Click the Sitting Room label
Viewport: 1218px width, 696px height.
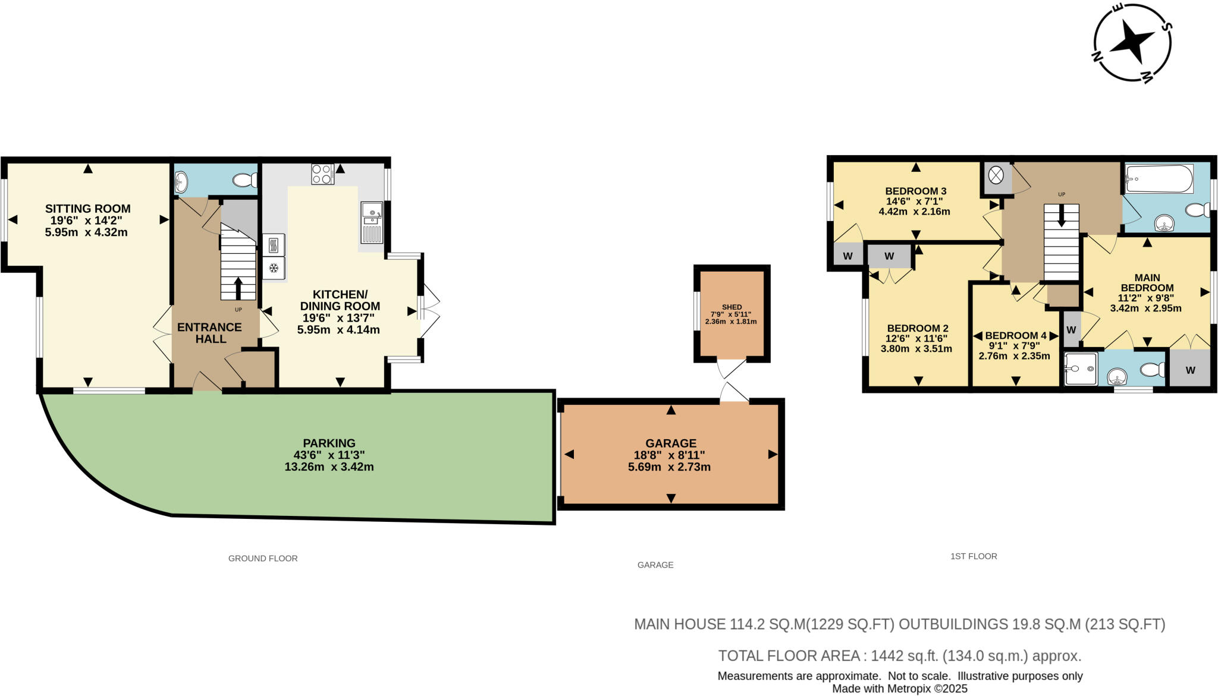pos(87,209)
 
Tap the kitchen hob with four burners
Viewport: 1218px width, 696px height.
pos(322,174)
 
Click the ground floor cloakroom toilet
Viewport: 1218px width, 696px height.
pos(244,180)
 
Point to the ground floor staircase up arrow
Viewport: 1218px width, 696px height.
pos(238,288)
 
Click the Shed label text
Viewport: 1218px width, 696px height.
pos(732,307)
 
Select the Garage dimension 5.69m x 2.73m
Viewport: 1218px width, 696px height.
pos(669,467)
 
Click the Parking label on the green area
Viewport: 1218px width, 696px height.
pos(329,443)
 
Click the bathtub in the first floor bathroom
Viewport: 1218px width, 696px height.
pos(1159,178)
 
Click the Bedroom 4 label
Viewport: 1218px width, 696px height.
pos(1016,336)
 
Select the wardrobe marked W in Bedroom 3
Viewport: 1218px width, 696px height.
pos(848,257)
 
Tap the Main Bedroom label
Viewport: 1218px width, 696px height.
pos(1147,282)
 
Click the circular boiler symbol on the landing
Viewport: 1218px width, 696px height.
pos(996,175)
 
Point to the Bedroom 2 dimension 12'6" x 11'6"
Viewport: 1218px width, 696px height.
pos(916,338)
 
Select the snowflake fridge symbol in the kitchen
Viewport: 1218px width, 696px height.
pos(274,268)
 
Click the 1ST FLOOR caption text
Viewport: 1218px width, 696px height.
pos(974,556)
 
